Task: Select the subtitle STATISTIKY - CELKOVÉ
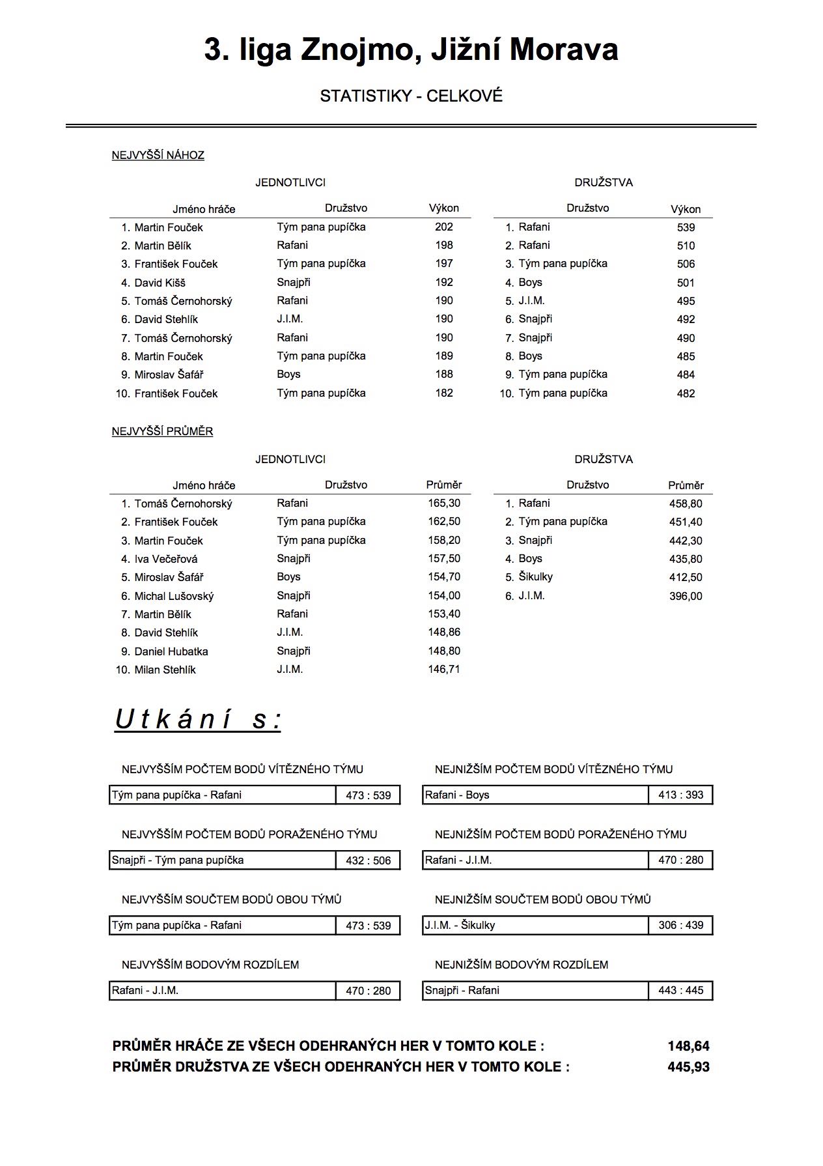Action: coord(411,96)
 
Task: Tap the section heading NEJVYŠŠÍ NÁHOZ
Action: coord(158,155)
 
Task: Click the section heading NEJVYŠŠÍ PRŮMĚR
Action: coord(162,431)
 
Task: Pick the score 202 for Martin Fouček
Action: coord(444,227)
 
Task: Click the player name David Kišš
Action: coord(160,283)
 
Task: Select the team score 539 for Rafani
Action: coord(686,227)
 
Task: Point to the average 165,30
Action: coord(444,503)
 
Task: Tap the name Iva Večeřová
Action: coord(165,559)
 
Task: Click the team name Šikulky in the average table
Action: coord(535,576)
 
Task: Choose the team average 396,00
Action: coord(686,596)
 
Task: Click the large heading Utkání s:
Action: coord(198,720)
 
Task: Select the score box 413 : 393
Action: coord(680,795)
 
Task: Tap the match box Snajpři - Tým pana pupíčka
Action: coord(222,860)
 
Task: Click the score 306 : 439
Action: coord(680,925)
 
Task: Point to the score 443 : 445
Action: coord(680,990)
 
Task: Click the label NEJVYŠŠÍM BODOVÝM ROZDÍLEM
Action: coord(210,965)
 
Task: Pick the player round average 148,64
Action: coord(688,1046)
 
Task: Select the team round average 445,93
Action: coord(688,1067)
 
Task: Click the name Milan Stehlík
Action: coord(165,670)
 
